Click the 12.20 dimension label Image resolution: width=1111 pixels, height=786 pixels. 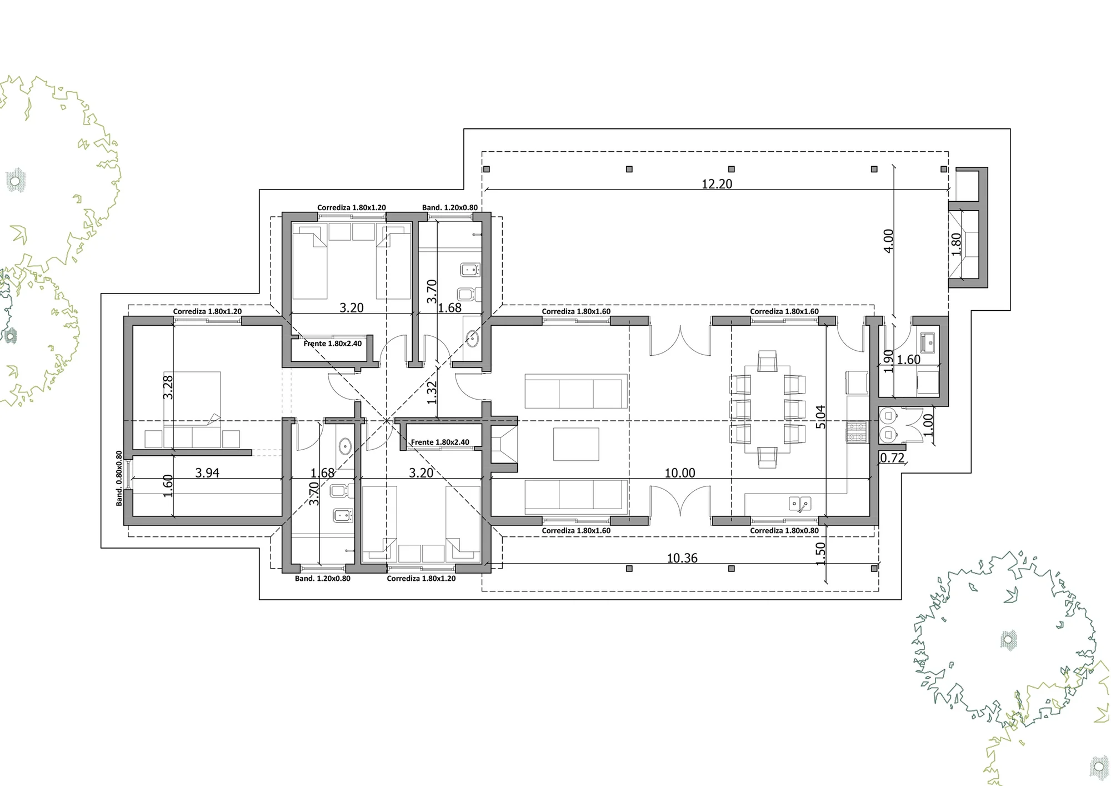click(x=717, y=184)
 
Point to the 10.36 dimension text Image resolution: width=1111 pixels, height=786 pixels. click(x=682, y=558)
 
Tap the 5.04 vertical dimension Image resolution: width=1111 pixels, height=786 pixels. click(x=820, y=417)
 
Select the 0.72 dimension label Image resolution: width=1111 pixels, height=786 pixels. click(x=893, y=458)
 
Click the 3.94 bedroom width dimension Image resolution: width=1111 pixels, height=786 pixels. click(x=207, y=473)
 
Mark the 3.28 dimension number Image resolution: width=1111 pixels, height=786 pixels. click(x=168, y=387)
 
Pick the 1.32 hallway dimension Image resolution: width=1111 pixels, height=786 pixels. click(x=432, y=392)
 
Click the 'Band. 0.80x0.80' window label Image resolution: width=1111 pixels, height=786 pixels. click(x=119, y=478)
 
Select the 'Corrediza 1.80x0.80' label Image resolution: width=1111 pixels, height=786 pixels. click(x=784, y=531)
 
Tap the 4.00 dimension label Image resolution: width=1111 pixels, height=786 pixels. click(x=888, y=241)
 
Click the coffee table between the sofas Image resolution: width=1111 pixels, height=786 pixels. click(x=576, y=444)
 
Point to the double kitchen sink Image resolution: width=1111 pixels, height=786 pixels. click(x=800, y=504)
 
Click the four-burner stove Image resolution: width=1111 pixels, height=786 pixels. click(x=857, y=432)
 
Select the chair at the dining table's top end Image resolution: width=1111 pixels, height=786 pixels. click(x=767, y=361)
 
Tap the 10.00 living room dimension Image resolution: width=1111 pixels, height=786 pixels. click(x=680, y=473)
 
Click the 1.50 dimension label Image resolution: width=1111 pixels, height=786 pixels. click(x=820, y=554)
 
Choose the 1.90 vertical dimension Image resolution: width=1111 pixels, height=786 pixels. click(x=888, y=361)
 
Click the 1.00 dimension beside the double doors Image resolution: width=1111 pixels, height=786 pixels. click(x=928, y=425)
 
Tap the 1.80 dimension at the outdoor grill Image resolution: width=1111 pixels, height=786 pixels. click(x=955, y=244)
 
